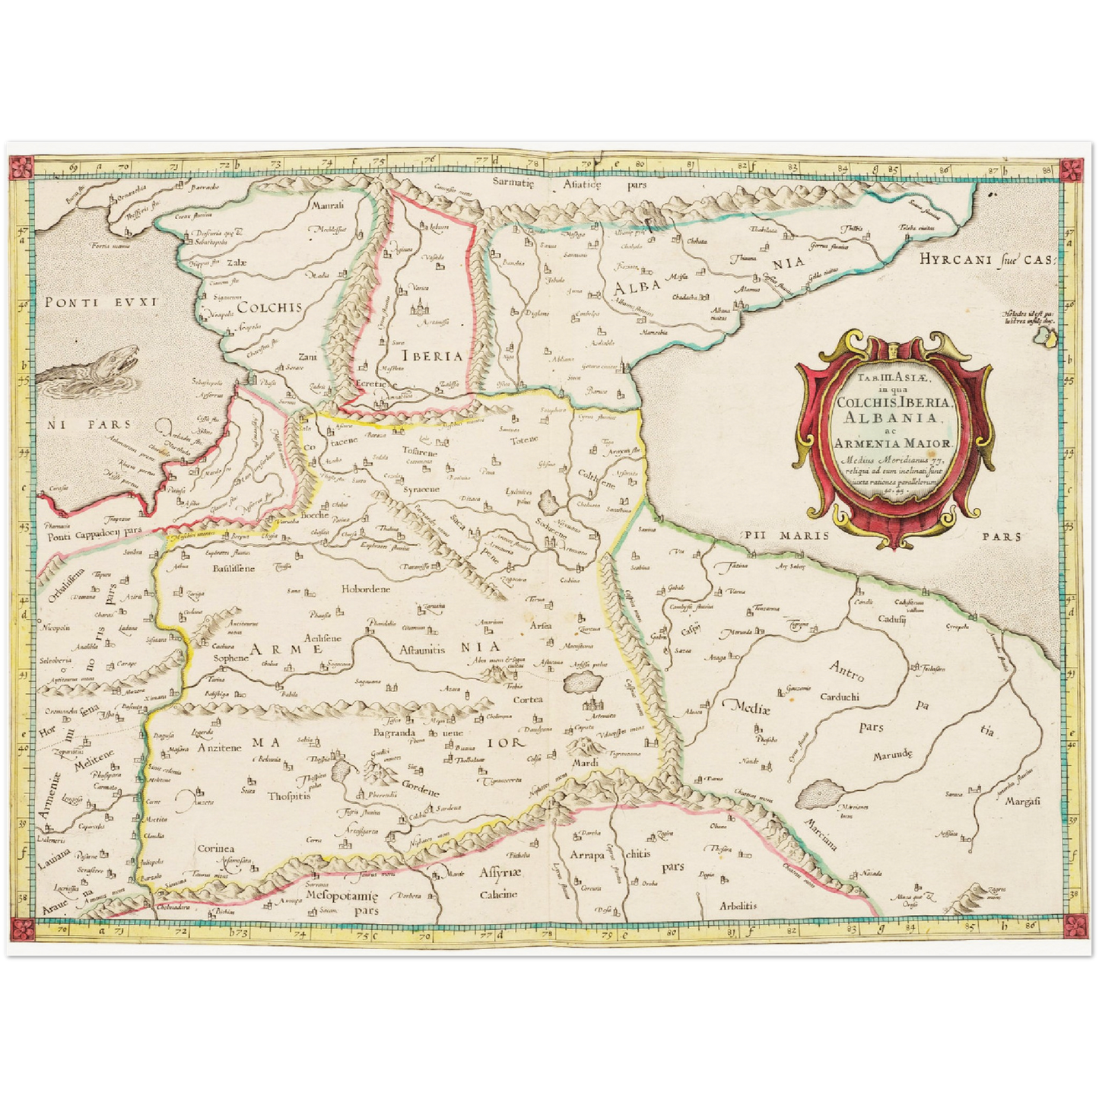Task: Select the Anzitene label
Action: pyautogui.click(x=219, y=748)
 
